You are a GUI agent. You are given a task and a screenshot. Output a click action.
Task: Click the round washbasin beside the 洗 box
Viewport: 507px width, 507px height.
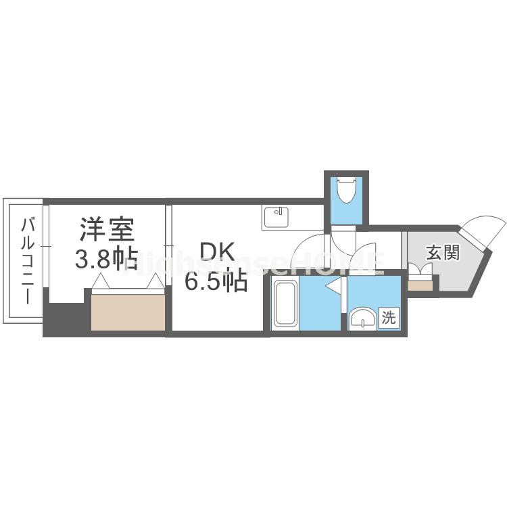363,318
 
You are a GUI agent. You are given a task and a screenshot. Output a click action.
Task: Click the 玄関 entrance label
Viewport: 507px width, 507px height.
443,253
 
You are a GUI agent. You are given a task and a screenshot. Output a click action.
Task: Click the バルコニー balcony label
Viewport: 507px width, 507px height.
28,260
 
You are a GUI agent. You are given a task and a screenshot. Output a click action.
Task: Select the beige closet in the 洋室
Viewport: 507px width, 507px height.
128,311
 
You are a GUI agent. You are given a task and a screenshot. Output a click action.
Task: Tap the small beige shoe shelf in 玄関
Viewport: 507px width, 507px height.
420,285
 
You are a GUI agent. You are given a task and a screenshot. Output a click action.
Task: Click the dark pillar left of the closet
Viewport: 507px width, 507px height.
64,317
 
